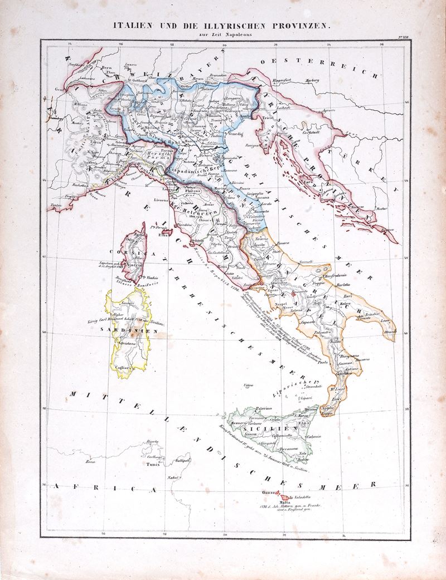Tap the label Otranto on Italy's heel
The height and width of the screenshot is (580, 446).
(390, 332)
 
